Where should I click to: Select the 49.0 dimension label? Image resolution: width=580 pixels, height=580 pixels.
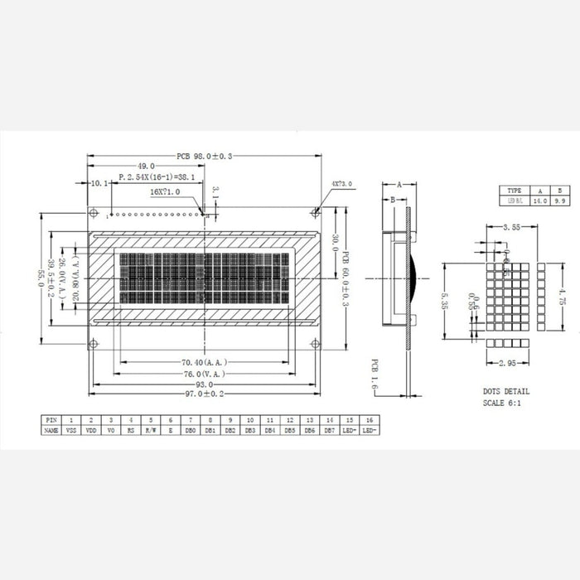pos(147,166)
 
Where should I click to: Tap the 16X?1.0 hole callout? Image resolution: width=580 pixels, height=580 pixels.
pos(165,191)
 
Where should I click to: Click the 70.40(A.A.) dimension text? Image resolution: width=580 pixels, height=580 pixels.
pos(204,362)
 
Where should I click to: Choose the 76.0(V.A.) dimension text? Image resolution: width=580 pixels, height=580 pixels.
pos(204,373)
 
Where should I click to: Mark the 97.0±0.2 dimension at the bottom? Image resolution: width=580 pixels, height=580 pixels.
pos(204,395)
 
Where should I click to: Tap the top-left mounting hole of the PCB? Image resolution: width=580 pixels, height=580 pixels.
pos(94,209)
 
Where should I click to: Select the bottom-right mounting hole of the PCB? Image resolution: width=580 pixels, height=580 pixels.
pos(313,344)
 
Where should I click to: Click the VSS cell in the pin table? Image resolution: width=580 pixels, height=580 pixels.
pos(71,431)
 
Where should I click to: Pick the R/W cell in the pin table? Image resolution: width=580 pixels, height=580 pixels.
pos(151,431)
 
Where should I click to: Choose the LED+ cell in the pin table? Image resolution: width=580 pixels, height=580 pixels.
pos(350,431)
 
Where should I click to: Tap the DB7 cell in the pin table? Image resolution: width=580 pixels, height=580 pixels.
pos(330,431)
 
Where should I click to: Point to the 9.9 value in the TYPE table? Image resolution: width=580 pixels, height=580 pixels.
pos(559,201)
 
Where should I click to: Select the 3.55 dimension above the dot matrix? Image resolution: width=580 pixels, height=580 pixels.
pos(511,226)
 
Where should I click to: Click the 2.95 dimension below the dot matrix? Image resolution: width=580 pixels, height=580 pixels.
pos(510,363)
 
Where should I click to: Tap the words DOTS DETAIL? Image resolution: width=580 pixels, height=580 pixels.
pos(506,391)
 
